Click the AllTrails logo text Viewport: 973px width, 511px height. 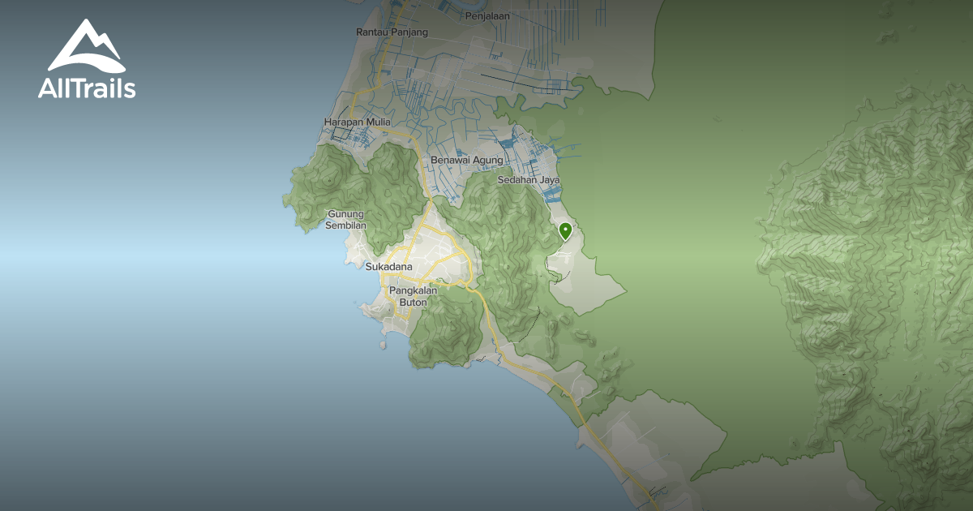[87, 89]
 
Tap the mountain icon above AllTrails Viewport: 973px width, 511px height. [85, 46]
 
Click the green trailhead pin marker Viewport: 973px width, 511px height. [565, 231]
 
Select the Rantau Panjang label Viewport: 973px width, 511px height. [392, 32]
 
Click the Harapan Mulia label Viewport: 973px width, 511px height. [357, 122]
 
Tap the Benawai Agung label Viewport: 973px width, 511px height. [466, 161]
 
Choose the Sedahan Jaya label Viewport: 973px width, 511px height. [529, 180]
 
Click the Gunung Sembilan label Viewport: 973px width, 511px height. [346, 220]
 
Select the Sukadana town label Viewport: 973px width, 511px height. [388, 267]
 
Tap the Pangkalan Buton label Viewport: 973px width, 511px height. [414, 296]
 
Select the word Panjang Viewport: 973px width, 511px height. [409, 32]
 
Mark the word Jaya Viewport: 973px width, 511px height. [550, 180]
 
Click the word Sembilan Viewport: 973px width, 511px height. [346, 225]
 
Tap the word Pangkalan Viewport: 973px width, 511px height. [414, 290]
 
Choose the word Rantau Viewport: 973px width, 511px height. [371, 32]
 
